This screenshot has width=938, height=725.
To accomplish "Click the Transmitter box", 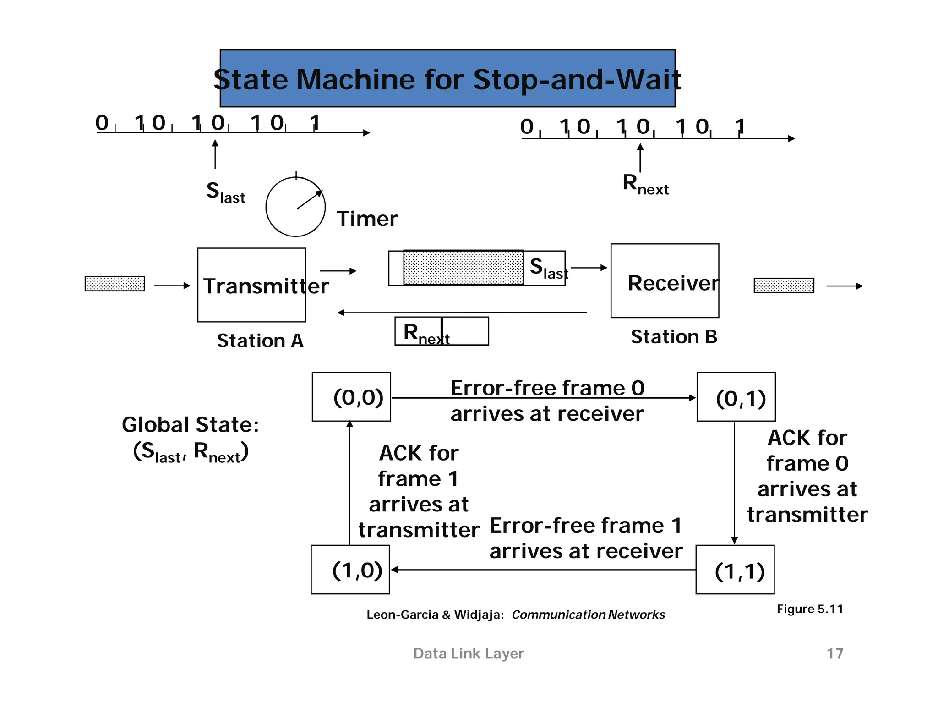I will point(251,285).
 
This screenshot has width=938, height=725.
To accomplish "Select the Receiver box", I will point(665,281).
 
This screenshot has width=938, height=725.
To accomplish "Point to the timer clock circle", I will point(295,207).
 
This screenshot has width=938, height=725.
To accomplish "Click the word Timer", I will point(367,219).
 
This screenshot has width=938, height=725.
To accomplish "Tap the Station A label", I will point(260,341).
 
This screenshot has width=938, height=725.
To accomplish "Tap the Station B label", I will point(674,337).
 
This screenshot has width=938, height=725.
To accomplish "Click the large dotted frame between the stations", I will point(464,268).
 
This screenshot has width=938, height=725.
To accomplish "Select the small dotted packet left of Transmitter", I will point(115,284).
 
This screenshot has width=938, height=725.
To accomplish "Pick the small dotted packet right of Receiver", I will point(784,285).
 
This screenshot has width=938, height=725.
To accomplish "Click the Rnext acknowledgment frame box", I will point(442,331).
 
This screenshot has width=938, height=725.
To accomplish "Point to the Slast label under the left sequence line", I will point(226,192).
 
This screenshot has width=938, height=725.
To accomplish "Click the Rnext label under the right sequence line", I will point(645,184).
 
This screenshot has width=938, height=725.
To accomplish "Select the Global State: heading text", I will point(190,425).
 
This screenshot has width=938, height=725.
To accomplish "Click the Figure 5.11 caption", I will point(809,609).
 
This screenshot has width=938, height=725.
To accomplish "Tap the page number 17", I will point(834,653).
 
